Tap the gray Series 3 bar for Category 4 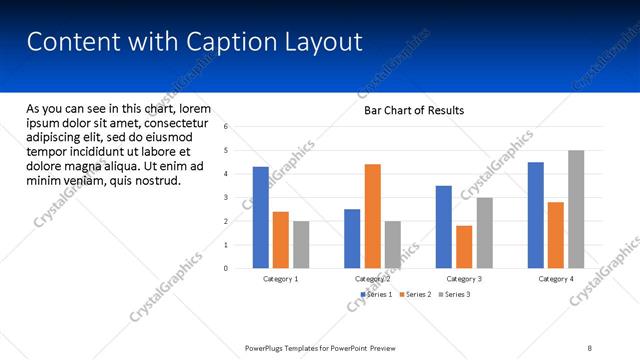coord(576,209)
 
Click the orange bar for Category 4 coord(556,235)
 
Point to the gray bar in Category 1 coord(301,244)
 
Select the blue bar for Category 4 coord(536,215)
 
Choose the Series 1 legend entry coord(375,294)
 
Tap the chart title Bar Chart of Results coord(413,110)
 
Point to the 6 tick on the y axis coord(226,127)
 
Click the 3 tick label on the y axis coord(226,197)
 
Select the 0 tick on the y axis coord(226,268)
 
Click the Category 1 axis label coord(280,279)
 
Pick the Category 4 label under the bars coord(556,279)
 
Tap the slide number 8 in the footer coord(590,348)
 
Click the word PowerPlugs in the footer coord(269,348)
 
